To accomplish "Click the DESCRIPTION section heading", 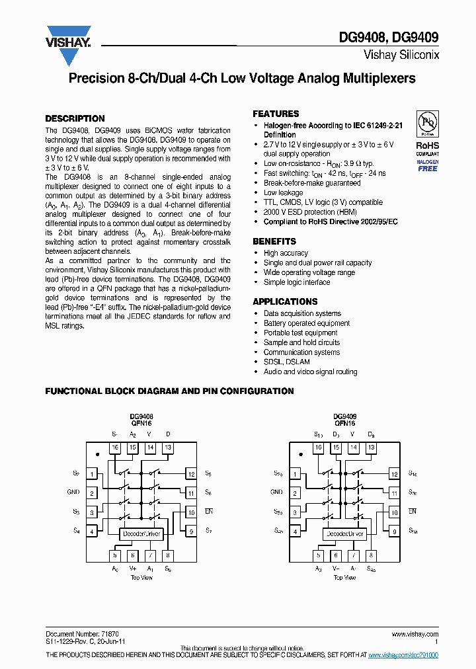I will click(75, 118).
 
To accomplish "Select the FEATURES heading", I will click(276, 114).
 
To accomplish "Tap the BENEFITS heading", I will click(274, 241).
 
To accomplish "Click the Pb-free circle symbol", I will click(428, 123).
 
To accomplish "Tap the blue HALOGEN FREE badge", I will click(428, 165).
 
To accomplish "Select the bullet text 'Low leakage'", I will click(283, 193).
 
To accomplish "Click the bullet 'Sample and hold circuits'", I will click(301, 342).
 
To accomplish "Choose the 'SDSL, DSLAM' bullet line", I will click(286, 362).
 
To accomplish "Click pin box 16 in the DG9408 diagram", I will click(115, 448).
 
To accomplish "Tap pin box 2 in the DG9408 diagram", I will click(93, 492).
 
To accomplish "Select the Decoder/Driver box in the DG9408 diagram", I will click(141, 533).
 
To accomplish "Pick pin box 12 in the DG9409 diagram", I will click(394, 474).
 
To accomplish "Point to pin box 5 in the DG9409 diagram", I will click(318, 556).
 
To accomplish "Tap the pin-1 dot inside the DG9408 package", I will click(98, 453).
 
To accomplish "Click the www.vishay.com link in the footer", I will click(415, 633).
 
